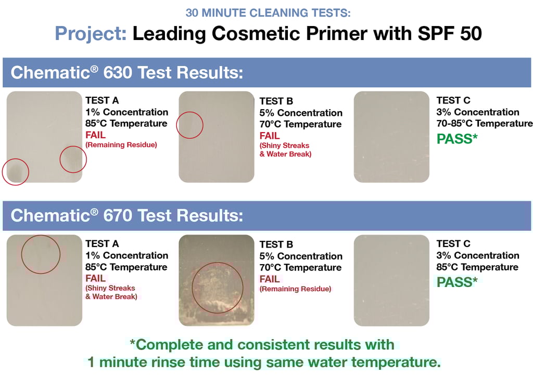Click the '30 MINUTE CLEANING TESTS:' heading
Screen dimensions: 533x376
tap(268, 13)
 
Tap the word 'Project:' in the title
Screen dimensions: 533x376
tap(91, 33)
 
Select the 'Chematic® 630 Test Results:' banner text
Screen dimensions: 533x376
tap(127, 72)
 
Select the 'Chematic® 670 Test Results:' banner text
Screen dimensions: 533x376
tap(127, 215)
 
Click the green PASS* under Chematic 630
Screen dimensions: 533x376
tap(457, 138)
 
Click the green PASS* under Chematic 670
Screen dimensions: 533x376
tap(457, 282)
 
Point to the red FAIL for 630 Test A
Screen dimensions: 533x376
tap(96, 135)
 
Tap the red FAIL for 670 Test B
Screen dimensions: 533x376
tap(270, 279)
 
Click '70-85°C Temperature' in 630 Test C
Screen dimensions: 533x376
tap(485, 123)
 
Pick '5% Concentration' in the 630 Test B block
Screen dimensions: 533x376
tap(301, 113)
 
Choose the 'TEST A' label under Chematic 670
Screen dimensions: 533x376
tap(102, 244)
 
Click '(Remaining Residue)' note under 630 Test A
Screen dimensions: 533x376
tap(121, 145)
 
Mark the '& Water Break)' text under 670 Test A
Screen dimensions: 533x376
tap(111, 296)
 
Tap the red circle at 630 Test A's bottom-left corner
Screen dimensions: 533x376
tap(16, 159)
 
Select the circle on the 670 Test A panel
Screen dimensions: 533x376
tap(41, 235)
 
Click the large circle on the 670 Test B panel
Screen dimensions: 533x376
tap(218, 262)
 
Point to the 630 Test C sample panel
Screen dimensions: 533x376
tap(391, 137)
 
